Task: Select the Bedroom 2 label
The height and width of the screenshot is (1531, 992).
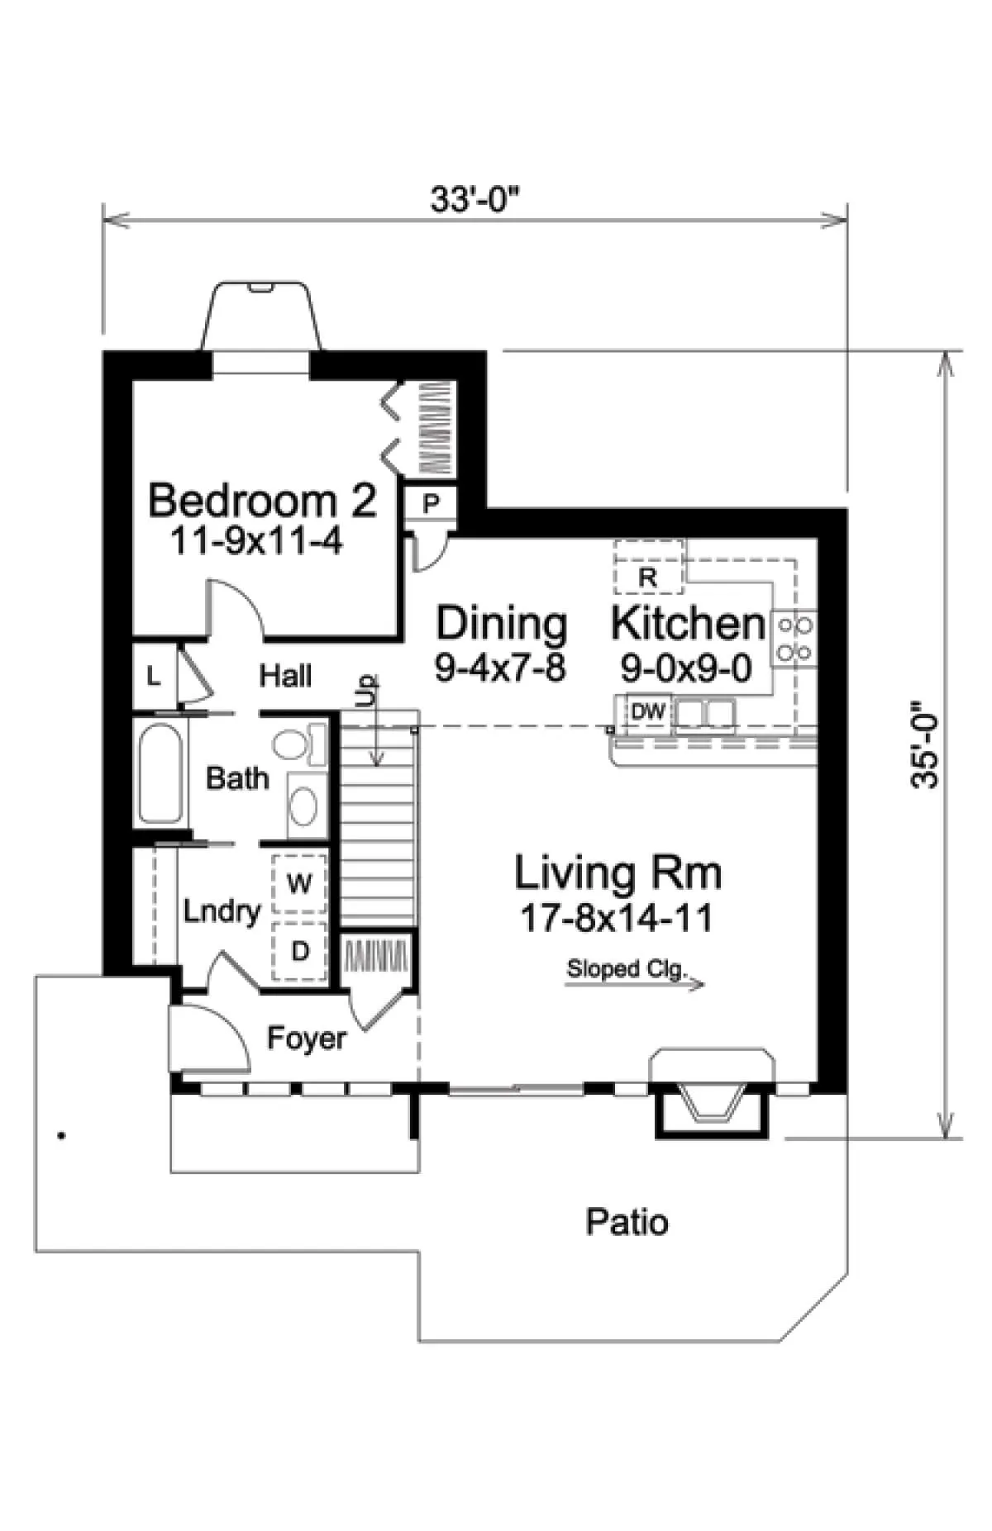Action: coord(262,500)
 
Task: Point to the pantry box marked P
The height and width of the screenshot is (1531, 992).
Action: coord(431,503)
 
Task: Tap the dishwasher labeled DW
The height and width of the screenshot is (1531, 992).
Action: coord(649,711)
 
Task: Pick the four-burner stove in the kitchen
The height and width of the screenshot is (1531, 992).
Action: coord(794,638)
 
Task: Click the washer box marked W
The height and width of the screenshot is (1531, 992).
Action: coord(299,883)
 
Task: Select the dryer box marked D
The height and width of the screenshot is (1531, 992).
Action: coord(299,951)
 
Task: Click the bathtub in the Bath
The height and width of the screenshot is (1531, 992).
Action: coord(160,773)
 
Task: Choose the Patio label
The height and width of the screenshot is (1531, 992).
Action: coord(627,1221)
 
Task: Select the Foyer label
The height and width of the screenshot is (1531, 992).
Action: coord(307,1038)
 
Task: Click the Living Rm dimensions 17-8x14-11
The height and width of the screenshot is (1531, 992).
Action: coord(616,918)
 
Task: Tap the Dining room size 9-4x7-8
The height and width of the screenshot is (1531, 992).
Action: coord(501,667)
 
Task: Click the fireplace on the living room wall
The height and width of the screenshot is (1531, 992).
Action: coord(713,1093)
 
